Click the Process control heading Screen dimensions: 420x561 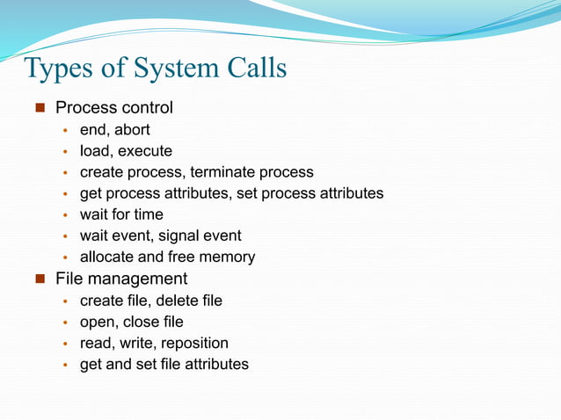[x=114, y=108]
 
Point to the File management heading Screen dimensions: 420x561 [x=121, y=279]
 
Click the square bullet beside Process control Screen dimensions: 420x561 [x=40, y=109]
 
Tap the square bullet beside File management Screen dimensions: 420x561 [x=40, y=279]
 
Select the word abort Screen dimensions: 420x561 [x=132, y=130]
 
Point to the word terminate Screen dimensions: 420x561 [x=232, y=172]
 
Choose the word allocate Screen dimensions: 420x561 [x=107, y=257]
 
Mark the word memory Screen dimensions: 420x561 [x=227, y=257]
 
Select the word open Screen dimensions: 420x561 [x=98, y=322]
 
